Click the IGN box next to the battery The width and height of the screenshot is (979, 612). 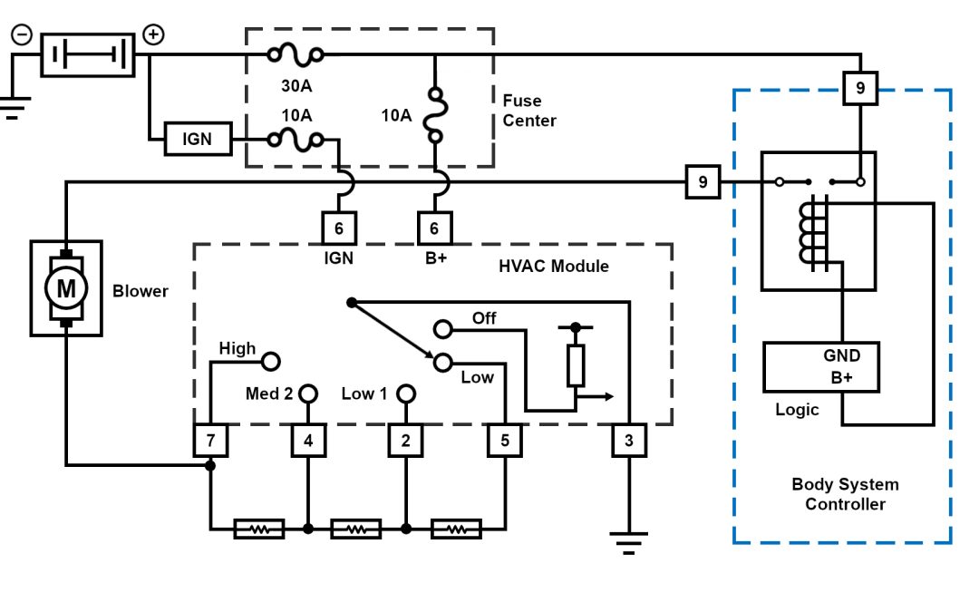click(197, 141)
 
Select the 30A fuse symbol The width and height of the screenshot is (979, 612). click(296, 56)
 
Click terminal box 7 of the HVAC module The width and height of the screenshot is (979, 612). click(210, 442)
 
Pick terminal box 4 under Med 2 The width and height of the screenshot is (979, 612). click(308, 442)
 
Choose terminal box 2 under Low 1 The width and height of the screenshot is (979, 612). click(406, 442)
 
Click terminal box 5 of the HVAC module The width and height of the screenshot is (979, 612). click(505, 442)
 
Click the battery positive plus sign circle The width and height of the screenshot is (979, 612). click(154, 34)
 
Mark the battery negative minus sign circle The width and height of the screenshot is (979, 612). click(22, 34)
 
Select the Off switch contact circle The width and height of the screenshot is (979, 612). click(442, 328)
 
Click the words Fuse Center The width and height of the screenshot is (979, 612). click(528, 111)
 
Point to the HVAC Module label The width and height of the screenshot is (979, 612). click(553, 267)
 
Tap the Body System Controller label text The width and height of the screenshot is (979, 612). click(845, 494)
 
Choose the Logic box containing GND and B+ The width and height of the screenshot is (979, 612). click(821, 366)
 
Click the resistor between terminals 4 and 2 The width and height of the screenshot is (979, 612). click(357, 528)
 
